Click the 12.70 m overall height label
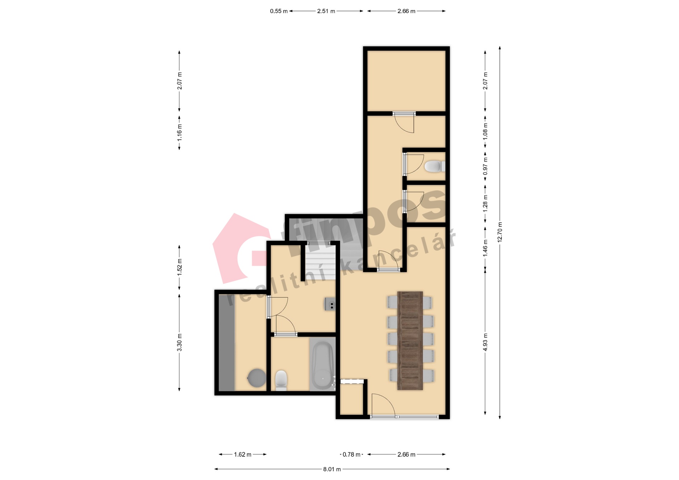500,232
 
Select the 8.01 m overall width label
332,469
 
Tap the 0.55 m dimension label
279,11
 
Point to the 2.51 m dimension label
326,11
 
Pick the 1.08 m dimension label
485,131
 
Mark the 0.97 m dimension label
485,166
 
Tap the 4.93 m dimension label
485,342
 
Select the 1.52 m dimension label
179,267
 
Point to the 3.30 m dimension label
179,343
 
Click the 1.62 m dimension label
243,455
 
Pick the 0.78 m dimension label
352,455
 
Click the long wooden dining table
410,341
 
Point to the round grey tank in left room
256,378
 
